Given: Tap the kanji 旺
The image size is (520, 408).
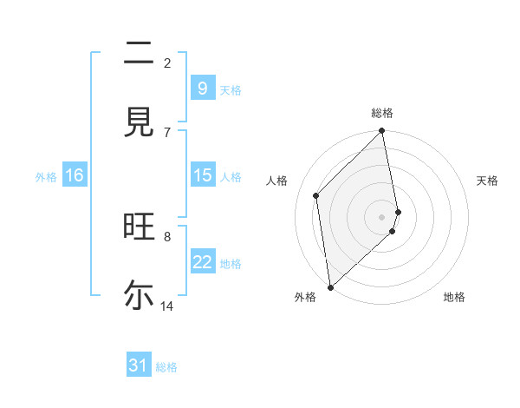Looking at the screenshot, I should (x=139, y=228).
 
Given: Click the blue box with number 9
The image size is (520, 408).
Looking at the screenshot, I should (x=202, y=88).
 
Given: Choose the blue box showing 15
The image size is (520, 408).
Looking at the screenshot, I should (x=202, y=175).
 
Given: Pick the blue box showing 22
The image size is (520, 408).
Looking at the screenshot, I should (x=202, y=262).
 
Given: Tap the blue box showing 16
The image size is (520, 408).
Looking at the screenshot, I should (x=75, y=175).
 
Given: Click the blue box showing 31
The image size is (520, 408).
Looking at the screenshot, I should (x=139, y=365).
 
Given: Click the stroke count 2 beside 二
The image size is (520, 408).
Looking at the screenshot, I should (x=167, y=63).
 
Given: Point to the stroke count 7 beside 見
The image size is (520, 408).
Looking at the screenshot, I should (x=167, y=132).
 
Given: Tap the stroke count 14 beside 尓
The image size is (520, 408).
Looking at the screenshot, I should (x=167, y=306).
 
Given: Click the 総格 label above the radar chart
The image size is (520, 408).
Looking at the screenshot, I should (x=382, y=113).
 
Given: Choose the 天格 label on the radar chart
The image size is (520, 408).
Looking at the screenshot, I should (x=488, y=181).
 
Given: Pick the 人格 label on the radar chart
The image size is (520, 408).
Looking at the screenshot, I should (x=277, y=181).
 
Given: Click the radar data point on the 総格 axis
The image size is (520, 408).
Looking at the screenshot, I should (x=382, y=131).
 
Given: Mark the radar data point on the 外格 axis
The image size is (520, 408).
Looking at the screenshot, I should (x=330, y=286).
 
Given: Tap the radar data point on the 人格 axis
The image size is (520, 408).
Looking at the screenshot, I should (x=316, y=195).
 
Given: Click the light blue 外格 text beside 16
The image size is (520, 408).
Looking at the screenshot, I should (x=46, y=176).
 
